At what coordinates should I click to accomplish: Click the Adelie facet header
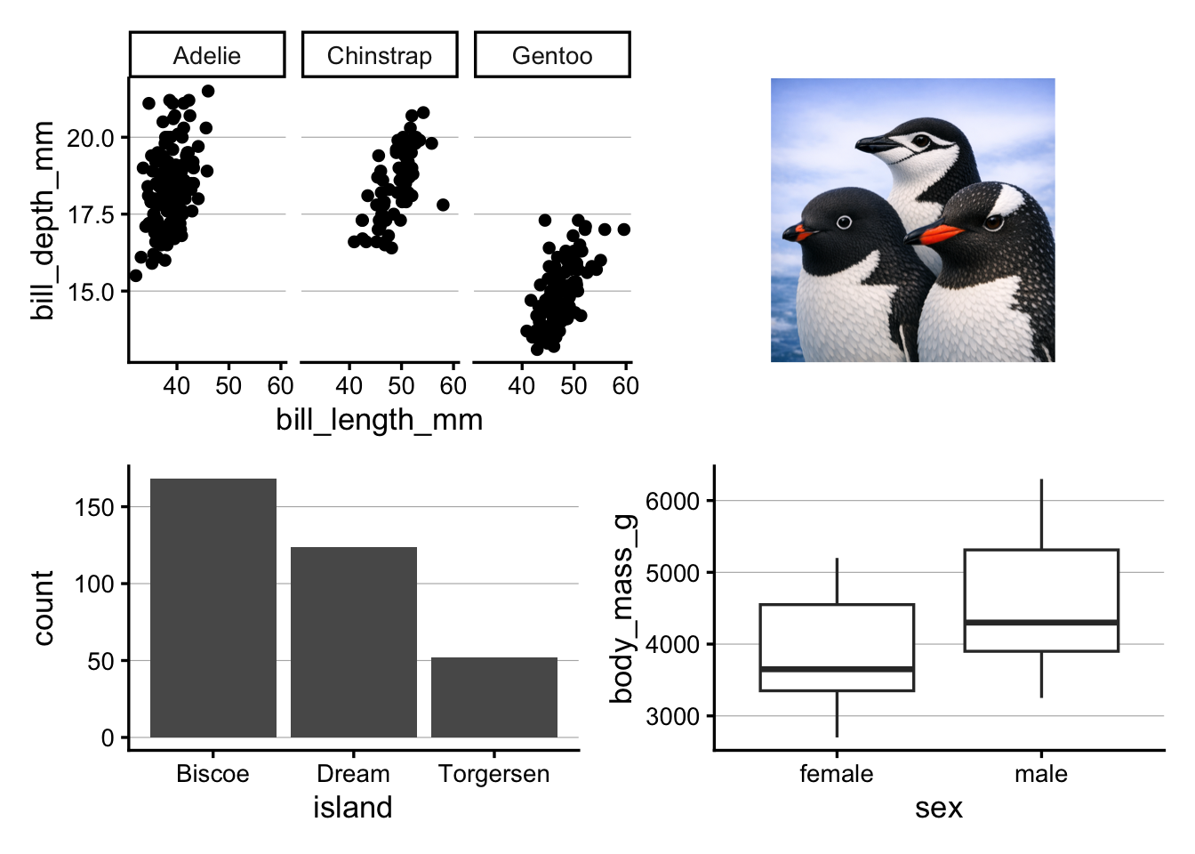[207, 55]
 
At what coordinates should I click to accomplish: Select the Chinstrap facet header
[380, 55]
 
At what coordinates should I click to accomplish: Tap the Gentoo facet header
[552, 55]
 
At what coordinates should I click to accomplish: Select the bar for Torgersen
[494, 697]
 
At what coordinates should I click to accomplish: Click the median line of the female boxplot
[837, 668]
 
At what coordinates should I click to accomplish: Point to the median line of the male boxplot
[1041, 622]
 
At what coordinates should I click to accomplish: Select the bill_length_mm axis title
[380, 419]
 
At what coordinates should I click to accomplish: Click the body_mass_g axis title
[622, 608]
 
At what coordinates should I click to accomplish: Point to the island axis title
[353, 807]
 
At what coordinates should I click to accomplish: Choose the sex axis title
[939, 807]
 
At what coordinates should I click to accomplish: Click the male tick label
[1041, 774]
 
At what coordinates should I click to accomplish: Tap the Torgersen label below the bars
[494, 774]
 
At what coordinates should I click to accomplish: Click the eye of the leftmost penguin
[844, 222]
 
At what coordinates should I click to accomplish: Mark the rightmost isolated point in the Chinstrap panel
[443, 205]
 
